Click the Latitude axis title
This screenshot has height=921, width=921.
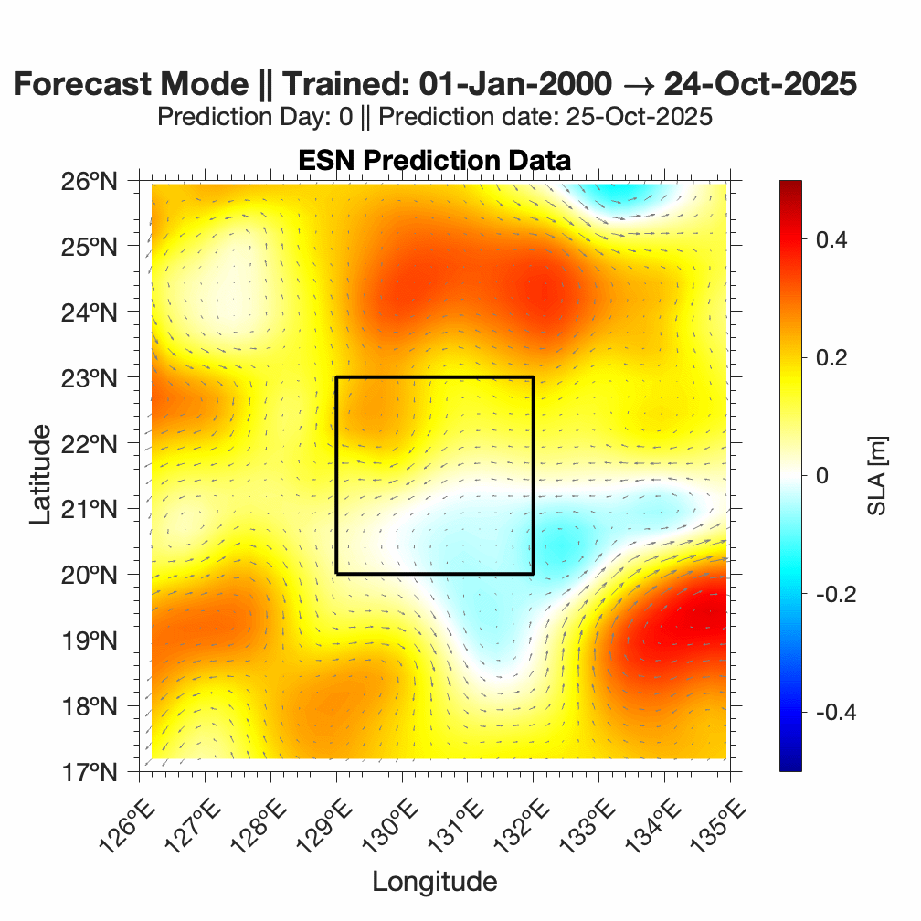[40, 478]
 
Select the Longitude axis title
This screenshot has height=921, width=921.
[434, 881]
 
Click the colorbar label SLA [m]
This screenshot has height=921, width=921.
[877, 475]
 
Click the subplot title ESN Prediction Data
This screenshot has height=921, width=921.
[434, 160]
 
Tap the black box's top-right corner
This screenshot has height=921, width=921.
[533, 377]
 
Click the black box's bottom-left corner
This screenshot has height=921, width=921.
[336, 574]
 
